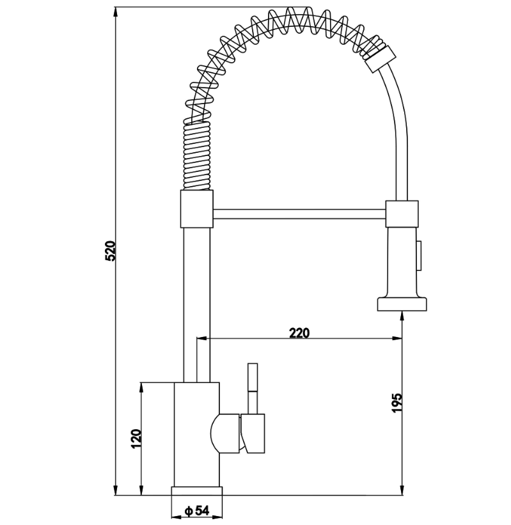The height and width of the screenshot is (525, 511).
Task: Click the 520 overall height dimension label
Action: (110, 251)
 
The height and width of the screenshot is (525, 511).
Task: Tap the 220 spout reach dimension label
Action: (299, 333)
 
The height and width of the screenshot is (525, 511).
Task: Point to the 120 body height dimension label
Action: (136, 439)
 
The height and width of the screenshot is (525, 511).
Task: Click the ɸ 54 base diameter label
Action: (197, 510)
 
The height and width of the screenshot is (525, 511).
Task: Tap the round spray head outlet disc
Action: (402, 304)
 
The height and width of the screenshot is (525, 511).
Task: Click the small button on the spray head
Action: (420, 256)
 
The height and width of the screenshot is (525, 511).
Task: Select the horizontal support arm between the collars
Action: (299, 214)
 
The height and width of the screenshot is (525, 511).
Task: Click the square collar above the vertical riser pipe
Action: (196, 209)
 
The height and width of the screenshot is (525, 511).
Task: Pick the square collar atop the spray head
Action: (402, 214)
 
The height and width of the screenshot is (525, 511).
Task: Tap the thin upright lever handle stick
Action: (253, 388)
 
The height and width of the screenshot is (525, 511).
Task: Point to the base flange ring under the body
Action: (196, 491)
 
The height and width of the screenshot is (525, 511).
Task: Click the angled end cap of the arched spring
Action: (380, 59)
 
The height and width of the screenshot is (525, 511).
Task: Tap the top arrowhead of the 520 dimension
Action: (116, 12)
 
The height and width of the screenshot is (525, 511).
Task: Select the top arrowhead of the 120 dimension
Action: (141, 388)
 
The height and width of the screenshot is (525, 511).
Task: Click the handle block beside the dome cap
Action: (253, 434)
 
